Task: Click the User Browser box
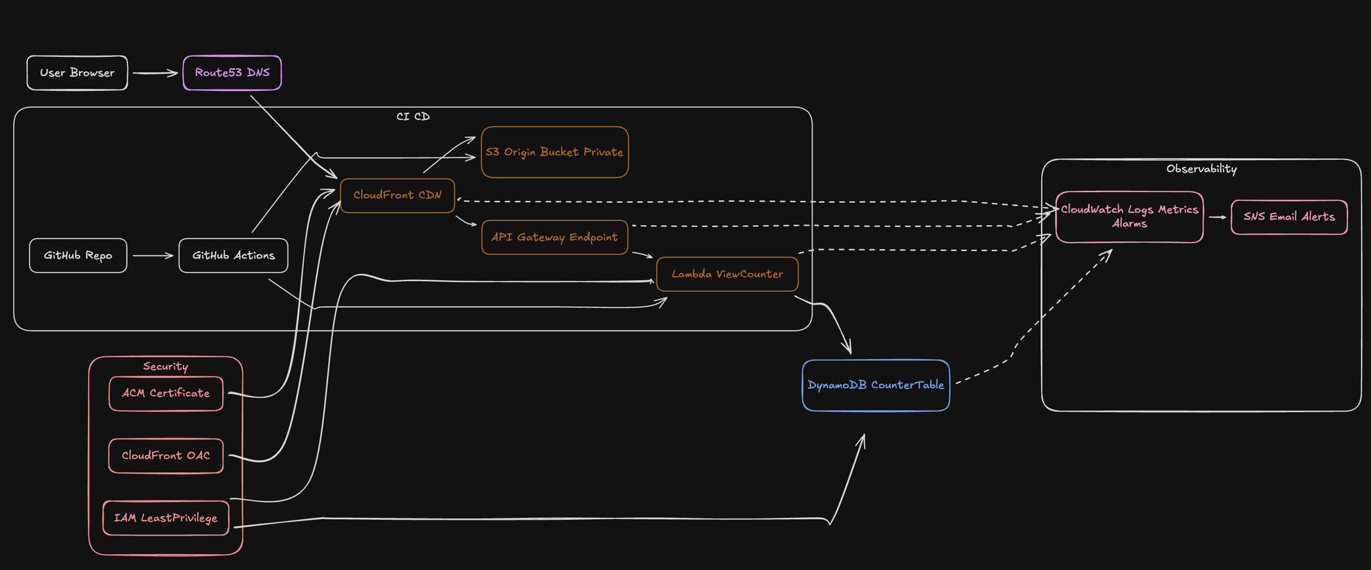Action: click(x=77, y=73)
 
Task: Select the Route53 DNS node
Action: click(x=232, y=73)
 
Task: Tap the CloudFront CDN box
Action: click(x=397, y=196)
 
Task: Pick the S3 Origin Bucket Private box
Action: click(x=554, y=152)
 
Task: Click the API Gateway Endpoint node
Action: click(x=554, y=237)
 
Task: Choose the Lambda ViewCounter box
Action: click(x=727, y=274)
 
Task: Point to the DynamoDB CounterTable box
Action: click(x=876, y=385)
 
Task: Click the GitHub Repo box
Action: click(x=78, y=256)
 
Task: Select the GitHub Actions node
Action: click(x=233, y=256)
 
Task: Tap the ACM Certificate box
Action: click(x=165, y=393)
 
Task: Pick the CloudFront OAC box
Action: click(x=165, y=455)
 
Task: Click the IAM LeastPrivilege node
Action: click(x=165, y=518)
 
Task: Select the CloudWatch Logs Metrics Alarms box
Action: click(x=1129, y=217)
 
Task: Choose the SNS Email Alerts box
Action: click(x=1289, y=217)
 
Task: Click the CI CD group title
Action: click(x=413, y=117)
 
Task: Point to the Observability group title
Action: click(x=1201, y=169)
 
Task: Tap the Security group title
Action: click(x=165, y=366)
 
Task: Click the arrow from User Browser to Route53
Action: click(x=155, y=73)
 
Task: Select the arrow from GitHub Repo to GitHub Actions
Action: click(x=153, y=256)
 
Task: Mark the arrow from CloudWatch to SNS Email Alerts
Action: click(x=1217, y=217)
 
